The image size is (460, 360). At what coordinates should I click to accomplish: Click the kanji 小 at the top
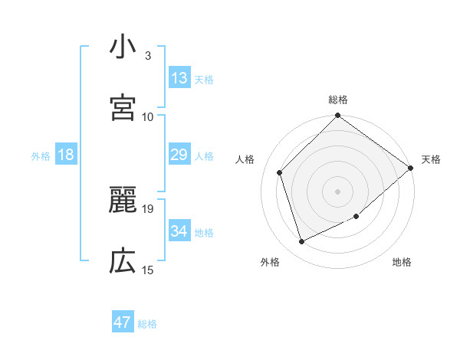(123, 47)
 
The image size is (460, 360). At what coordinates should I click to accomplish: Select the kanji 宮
(123, 108)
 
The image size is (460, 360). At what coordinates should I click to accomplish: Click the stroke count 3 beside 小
(148, 55)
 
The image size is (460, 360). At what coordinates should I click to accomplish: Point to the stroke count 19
(148, 208)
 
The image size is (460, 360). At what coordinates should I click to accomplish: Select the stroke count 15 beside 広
(148, 270)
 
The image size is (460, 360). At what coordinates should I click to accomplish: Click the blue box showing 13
(179, 77)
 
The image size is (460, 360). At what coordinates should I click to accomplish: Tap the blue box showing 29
(179, 155)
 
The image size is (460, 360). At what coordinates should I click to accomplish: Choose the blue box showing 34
(179, 231)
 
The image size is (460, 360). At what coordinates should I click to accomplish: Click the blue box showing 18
(66, 155)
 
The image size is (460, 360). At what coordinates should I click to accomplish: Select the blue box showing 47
(123, 322)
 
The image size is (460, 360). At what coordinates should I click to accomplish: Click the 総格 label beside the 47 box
(147, 324)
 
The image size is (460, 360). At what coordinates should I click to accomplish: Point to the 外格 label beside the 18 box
(41, 156)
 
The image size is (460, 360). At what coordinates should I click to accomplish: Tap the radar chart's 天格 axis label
(431, 159)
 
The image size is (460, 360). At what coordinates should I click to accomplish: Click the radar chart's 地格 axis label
(402, 263)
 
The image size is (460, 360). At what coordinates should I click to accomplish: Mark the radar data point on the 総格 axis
(338, 116)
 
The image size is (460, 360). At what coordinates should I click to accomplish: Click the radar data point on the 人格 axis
(280, 172)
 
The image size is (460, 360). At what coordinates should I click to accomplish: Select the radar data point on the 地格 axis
(356, 217)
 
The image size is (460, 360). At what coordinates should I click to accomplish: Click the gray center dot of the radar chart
(338, 191)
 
